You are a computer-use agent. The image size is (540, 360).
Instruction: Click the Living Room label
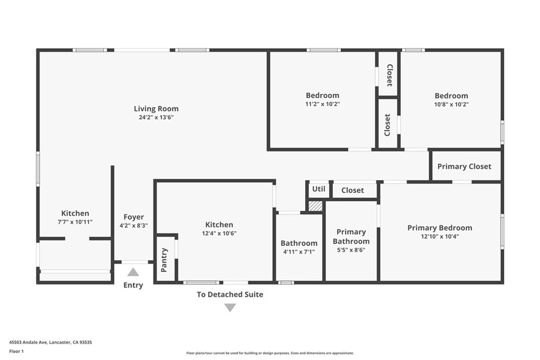(x=156, y=109)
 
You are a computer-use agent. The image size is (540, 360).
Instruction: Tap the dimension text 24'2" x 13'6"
(x=156, y=118)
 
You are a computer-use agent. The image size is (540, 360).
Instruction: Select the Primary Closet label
(x=464, y=166)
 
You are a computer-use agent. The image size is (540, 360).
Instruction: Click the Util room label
(x=319, y=189)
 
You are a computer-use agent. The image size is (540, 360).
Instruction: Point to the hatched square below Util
(x=315, y=206)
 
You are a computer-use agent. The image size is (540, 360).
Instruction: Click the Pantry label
(x=164, y=260)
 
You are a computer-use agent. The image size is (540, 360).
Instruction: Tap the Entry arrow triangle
(x=133, y=272)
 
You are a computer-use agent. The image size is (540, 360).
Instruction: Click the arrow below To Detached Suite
(x=230, y=307)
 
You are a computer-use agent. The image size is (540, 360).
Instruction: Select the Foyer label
(x=133, y=217)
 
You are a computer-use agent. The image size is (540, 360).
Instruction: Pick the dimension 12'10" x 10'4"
(x=439, y=237)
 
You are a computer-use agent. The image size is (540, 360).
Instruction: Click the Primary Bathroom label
(x=351, y=236)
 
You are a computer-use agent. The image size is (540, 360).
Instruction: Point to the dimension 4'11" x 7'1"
(x=299, y=251)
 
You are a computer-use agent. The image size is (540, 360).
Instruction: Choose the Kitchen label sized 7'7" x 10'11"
(x=75, y=213)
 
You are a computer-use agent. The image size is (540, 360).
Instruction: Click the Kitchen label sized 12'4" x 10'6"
(x=219, y=225)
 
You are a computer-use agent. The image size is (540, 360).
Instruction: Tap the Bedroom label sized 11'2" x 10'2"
(x=322, y=95)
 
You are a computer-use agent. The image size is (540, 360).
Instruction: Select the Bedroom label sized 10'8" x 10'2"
(x=451, y=95)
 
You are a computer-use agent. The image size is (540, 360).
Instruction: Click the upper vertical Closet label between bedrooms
(x=389, y=75)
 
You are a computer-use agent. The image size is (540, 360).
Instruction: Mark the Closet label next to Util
(x=352, y=190)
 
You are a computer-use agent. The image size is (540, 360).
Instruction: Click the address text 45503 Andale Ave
(x=28, y=342)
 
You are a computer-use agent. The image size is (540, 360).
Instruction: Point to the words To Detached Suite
(x=230, y=294)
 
